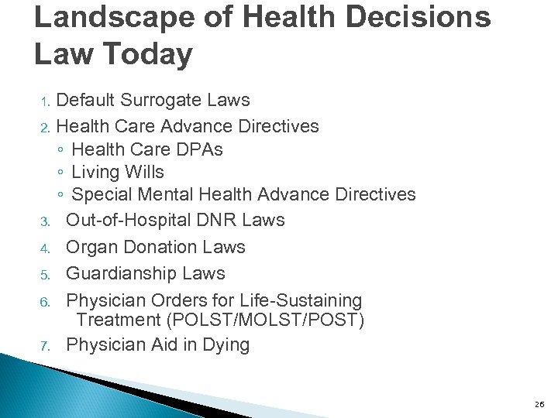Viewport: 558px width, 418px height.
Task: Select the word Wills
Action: pos(144,171)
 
